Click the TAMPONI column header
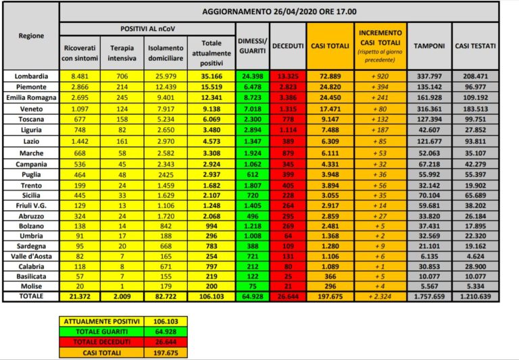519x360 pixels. coord(429,46)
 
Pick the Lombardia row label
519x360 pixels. coord(31,76)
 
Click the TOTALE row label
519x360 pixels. coord(31,297)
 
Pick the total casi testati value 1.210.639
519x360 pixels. coord(475,297)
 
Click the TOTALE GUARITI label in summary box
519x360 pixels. coord(102,331)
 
